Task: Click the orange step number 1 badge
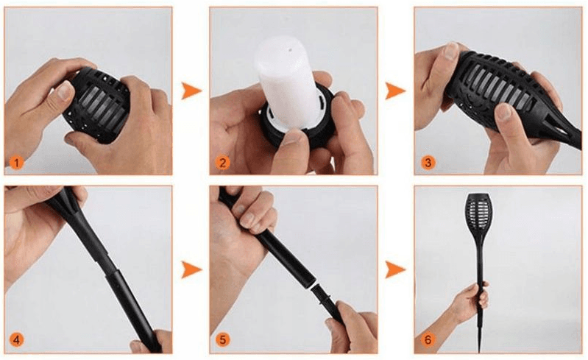pyautogui.click(x=16, y=163)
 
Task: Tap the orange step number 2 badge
pyautogui.click(x=222, y=163)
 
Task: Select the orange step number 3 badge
pyautogui.click(x=428, y=163)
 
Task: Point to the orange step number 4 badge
pyautogui.click(x=16, y=340)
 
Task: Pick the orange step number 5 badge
pyautogui.click(x=222, y=340)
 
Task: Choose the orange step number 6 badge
pyautogui.click(x=428, y=340)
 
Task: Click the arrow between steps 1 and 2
pyautogui.click(x=191, y=91)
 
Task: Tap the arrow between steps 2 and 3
pyautogui.click(x=395, y=91)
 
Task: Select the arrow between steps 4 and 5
pyautogui.click(x=191, y=270)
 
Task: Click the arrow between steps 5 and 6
pyautogui.click(x=395, y=270)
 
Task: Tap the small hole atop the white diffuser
pyautogui.click(x=290, y=49)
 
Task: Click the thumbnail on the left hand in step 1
pyautogui.click(x=65, y=91)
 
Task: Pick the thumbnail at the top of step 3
pyautogui.click(x=450, y=52)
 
